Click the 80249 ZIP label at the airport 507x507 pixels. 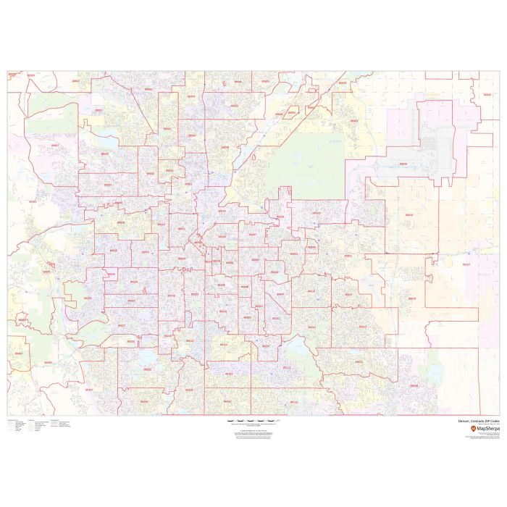pos(403,164)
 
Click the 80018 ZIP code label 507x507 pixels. pos(412,298)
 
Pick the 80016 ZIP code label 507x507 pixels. pos(414,385)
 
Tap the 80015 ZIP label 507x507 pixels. pos(359,361)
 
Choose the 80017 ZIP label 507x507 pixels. pos(349,295)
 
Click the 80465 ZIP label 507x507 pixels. pos(49,361)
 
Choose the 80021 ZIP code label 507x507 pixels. pos(99,110)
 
